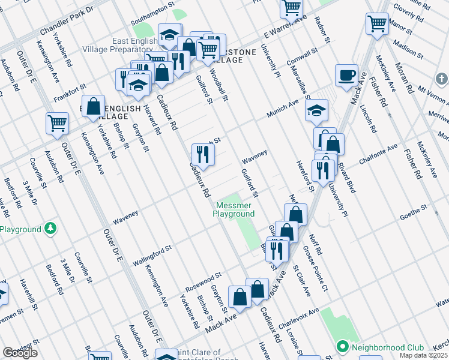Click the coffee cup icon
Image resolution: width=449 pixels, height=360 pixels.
346,76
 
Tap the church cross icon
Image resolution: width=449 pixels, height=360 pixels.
442,79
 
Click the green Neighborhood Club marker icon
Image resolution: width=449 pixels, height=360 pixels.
343,347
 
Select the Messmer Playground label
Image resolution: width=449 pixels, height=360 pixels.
235,209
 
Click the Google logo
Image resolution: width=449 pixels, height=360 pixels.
20,353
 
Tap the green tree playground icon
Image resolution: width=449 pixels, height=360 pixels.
51,229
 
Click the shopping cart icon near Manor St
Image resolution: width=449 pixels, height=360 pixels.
377,24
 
